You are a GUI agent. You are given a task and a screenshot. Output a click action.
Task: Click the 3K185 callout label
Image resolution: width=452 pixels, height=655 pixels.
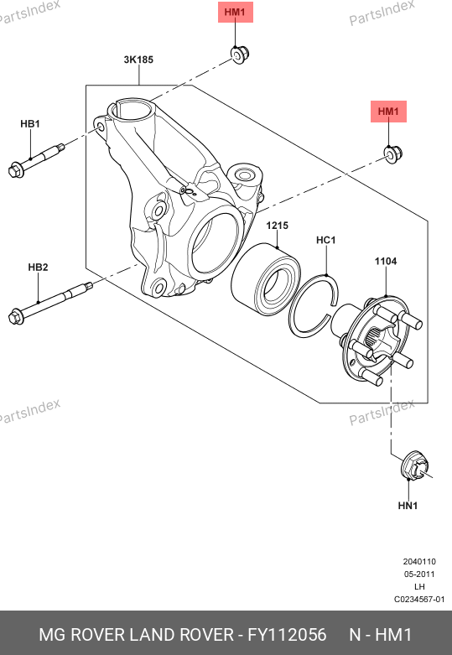point(138,60)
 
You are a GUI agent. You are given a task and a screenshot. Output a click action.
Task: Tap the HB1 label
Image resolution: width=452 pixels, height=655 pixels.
point(30,124)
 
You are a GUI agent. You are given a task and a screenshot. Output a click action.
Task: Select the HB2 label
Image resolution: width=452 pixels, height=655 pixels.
point(38,268)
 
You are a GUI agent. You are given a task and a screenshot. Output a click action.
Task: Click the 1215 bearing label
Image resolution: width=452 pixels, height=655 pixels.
point(278,226)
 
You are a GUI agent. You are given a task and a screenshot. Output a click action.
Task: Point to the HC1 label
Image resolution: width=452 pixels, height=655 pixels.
point(326,240)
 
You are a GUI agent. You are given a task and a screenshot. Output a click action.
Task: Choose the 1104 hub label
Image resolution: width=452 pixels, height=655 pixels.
point(386,262)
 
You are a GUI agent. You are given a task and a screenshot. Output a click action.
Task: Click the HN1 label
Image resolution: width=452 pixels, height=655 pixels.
point(408,506)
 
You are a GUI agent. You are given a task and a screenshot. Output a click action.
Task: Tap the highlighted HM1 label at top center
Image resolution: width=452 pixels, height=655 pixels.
point(236,12)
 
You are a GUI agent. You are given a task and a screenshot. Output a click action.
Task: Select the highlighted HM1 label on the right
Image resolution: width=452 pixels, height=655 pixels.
point(388,112)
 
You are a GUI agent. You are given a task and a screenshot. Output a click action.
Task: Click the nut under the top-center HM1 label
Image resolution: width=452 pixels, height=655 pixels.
point(240,55)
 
